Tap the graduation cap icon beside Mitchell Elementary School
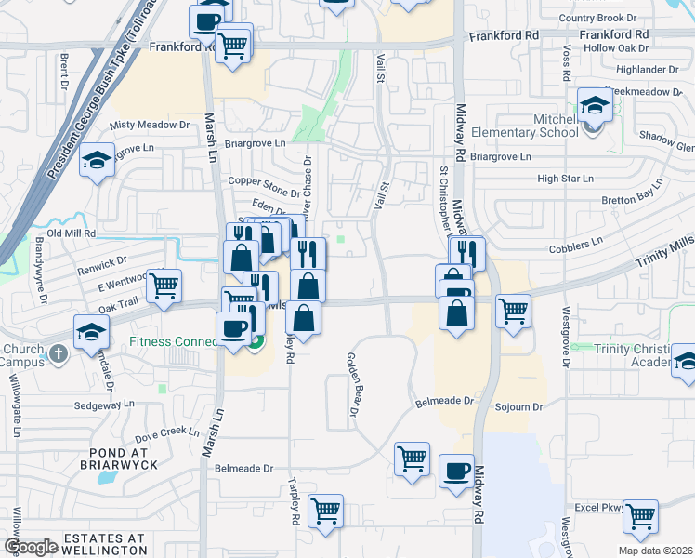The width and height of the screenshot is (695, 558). [x=594, y=105]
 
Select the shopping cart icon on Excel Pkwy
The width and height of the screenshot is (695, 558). [x=639, y=515]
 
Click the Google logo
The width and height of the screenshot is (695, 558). [x=31, y=547]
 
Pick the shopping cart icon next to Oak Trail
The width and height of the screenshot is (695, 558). [x=164, y=287]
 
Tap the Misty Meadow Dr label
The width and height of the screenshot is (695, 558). [x=149, y=125]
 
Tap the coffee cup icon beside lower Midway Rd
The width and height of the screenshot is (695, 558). [x=455, y=472]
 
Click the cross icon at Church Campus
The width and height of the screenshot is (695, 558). [x=58, y=353]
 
